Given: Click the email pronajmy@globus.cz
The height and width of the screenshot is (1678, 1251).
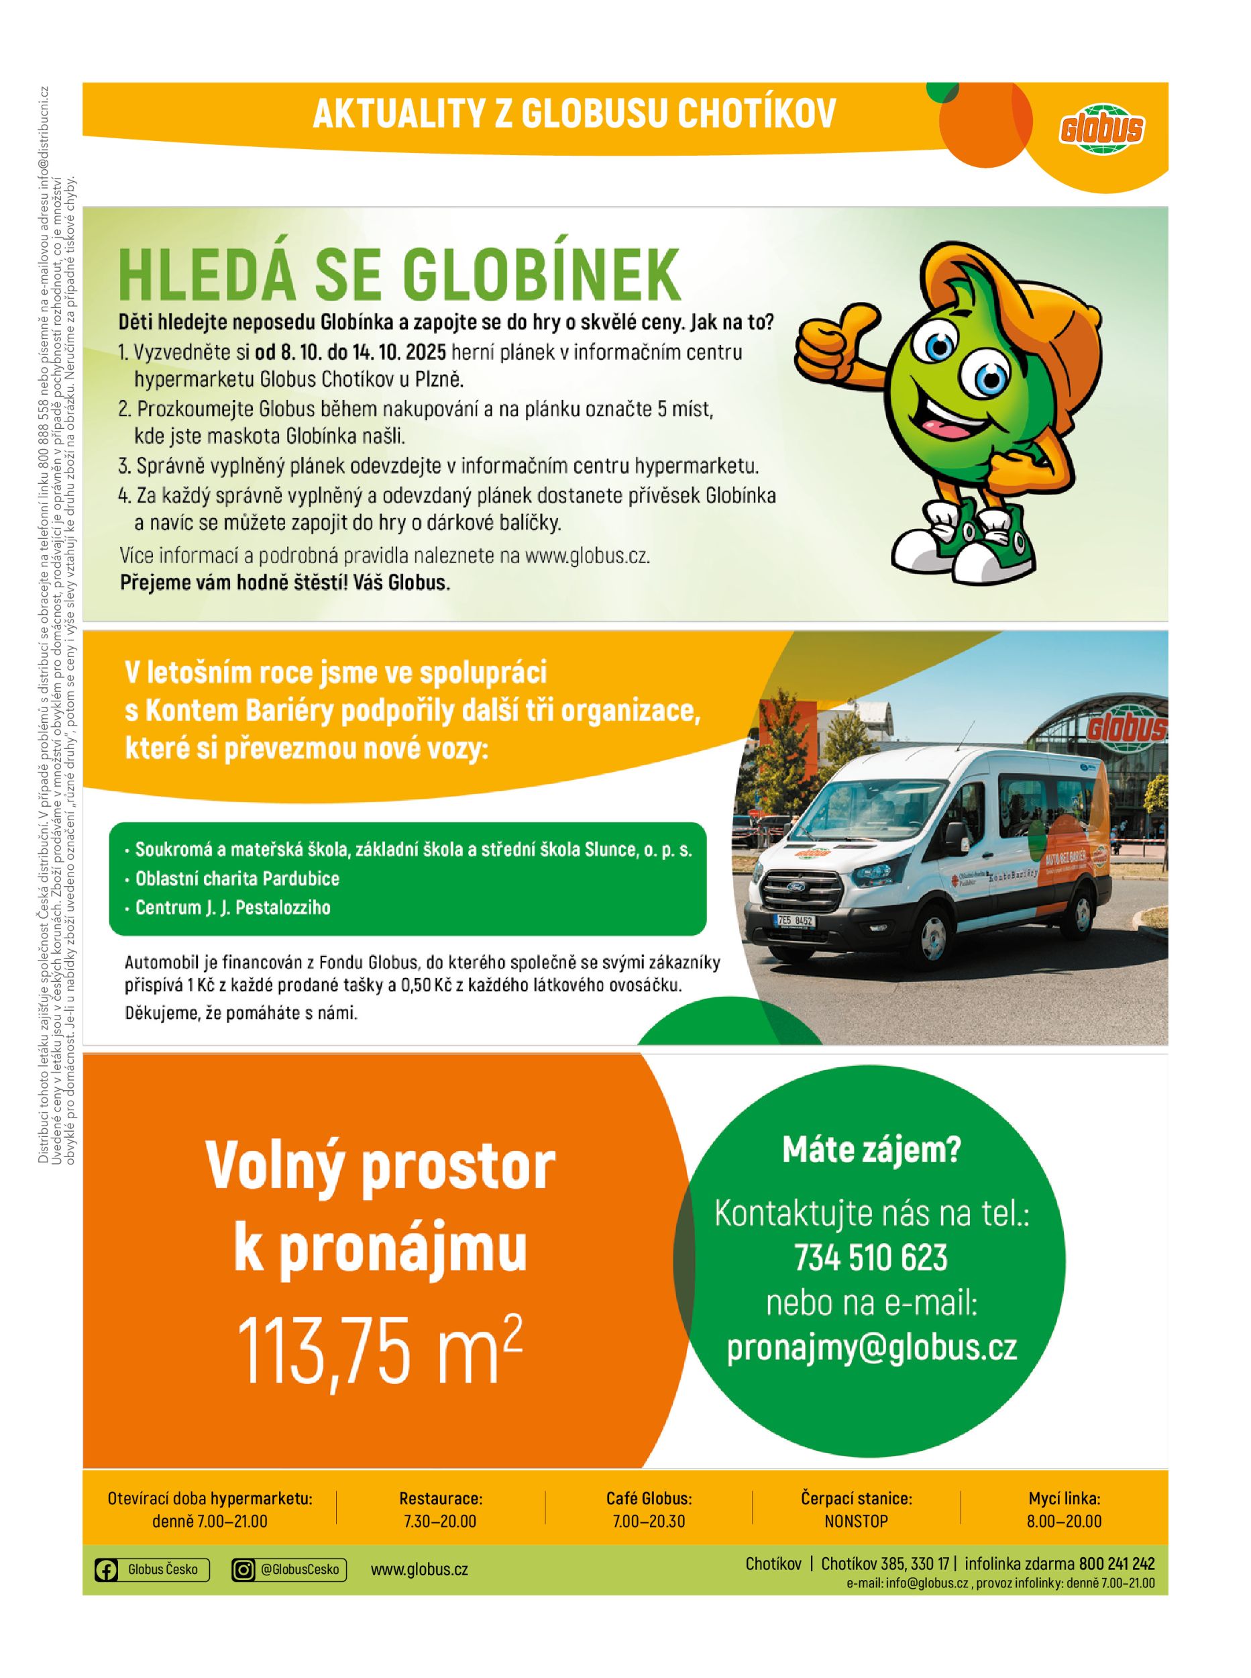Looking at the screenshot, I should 871,1348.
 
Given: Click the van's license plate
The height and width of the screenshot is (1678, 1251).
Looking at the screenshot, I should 795,921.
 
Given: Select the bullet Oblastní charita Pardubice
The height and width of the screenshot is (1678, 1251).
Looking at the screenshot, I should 237,879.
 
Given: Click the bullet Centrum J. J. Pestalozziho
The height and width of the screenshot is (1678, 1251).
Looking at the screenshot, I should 233,907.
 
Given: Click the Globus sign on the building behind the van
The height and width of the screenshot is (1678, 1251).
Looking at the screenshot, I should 1127,729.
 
